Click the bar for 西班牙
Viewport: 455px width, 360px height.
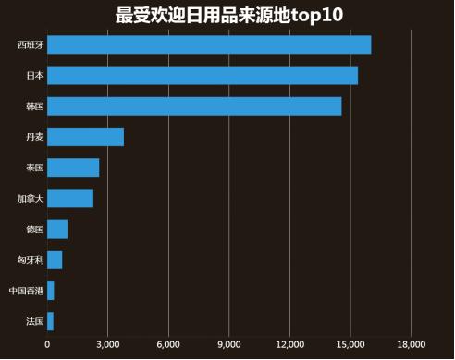(208, 44)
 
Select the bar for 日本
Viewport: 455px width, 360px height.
(202, 75)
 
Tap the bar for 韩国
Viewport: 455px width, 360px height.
(194, 106)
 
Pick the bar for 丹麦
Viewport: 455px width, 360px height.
(85, 137)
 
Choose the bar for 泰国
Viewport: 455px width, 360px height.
(73, 168)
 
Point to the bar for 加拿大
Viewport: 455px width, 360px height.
(70, 198)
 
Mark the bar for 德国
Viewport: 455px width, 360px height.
(57, 230)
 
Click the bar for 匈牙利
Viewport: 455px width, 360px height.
(55, 260)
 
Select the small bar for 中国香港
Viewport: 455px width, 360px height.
(51, 291)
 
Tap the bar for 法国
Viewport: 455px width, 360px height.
(50, 321)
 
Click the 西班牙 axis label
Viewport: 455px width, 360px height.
(30, 44)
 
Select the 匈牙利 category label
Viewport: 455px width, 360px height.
(30, 260)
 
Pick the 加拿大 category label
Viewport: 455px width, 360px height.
(30, 198)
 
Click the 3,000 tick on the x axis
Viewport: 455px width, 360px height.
(107, 345)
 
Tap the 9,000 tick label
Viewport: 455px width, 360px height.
(228, 345)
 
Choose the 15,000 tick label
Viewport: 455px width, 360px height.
(350, 345)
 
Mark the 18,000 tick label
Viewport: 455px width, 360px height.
(411, 345)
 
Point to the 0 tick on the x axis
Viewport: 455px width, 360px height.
(47, 345)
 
